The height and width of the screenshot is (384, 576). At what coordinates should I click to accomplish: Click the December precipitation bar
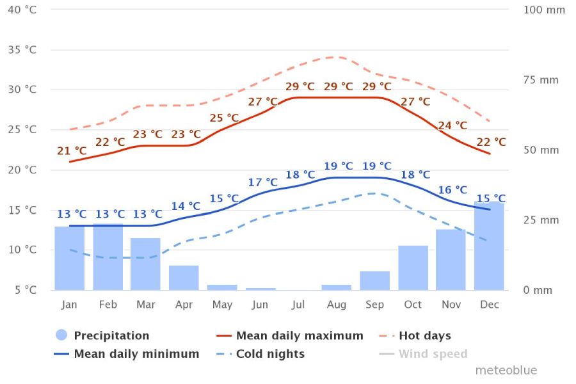pyautogui.click(x=489, y=246)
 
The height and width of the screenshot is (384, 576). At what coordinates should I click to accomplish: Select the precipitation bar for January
pyautogui.click(x=69, y=258)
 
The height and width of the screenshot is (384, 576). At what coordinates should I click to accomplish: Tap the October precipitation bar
pyautogui.click(x=413, y=268)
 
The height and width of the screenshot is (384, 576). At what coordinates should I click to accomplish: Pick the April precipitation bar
pyautogui.click(x=184, y=278)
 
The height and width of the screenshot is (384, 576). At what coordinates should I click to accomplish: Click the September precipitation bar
pyautogui.click(x=374, y=280)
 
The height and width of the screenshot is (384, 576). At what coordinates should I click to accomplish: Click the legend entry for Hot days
pyautogui.click(x=424, y=335)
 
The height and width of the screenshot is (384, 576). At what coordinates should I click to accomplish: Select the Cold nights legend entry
pyautogui.click(x=270, y=354)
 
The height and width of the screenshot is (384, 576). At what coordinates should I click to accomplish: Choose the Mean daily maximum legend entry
pyautogui.click(x=299, y=335)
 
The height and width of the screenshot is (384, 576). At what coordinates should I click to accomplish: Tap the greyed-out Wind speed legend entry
pyautogui.click(x=433, y=354)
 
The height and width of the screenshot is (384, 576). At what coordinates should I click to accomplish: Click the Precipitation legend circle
pyautogui.click(x=61, y=335)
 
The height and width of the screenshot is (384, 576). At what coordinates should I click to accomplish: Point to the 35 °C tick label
pyautogui.click(x=22, y=49)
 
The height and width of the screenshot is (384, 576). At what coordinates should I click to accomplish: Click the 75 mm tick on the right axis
pyautogui.click(x=541, y=80)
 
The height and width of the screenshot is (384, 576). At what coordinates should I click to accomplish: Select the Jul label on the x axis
pyautogui.click(x=298, y=305)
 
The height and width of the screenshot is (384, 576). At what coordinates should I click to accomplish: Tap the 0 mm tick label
pyautogui.click(x=538, y=290)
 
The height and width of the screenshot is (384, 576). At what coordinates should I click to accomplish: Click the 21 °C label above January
pyautogui.click(x=72, y=151)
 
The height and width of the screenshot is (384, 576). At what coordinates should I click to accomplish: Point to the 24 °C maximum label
pyautogui.click(x=452, y=125)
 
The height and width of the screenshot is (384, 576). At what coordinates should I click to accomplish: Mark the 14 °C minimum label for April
pyautogui.click(x=186, y=206)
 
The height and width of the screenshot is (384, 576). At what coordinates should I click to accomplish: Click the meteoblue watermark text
pyautogui.click(x=506, y=371)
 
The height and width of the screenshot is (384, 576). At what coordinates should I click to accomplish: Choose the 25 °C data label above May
pyautogui.click(x=224, y=118)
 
